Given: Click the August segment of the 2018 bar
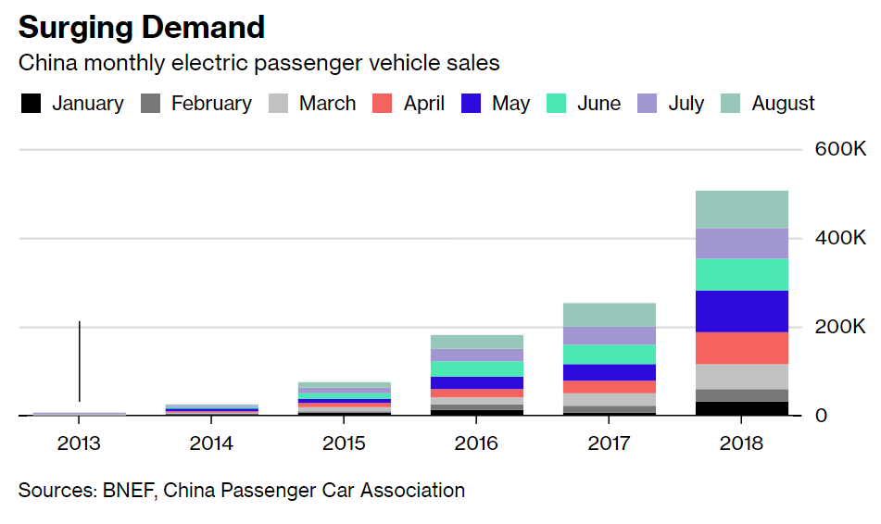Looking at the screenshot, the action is coord(742,209).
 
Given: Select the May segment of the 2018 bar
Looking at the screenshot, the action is coord(742,311).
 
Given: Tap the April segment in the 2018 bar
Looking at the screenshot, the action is coord(742,348).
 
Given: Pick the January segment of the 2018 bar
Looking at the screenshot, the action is coord(742,408).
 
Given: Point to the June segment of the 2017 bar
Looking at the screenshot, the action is coord(609,355).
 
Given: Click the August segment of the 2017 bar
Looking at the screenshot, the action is coord(609,315).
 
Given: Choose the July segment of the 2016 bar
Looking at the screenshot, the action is coord(476,355).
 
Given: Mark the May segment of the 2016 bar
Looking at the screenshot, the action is coord(476,383).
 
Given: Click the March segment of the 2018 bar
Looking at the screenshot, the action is coord(742,377).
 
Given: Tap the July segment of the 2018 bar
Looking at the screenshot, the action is coord(742,243).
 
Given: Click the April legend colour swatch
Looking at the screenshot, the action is coord(382,104).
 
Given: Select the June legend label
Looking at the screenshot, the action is coord(599,104).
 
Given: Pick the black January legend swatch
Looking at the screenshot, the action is coord(31,104).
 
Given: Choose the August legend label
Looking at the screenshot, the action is coord(783,104).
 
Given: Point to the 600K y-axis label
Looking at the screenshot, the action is coord(840,149).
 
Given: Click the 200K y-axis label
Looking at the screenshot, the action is coord(840,326).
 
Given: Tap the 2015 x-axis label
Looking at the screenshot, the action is coord(344,443).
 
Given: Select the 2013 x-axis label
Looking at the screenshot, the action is coord(79,443).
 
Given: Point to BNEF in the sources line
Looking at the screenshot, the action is coord(129,491).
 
